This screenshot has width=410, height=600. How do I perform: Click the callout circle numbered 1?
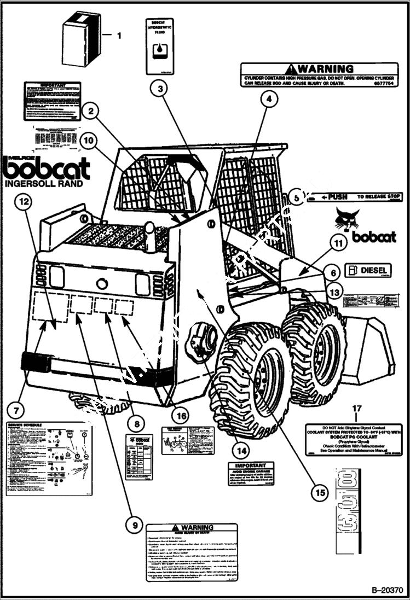[x=119, y=36]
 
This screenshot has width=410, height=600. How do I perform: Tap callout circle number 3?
[x=159, y=89]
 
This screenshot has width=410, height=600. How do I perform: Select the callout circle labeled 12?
[x=24, y=202]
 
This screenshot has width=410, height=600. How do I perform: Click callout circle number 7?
[x=17, y=408]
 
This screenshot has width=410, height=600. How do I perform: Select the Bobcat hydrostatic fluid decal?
[x=159, y=45]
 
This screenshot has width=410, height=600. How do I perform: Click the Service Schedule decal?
[x=48, y=458]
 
